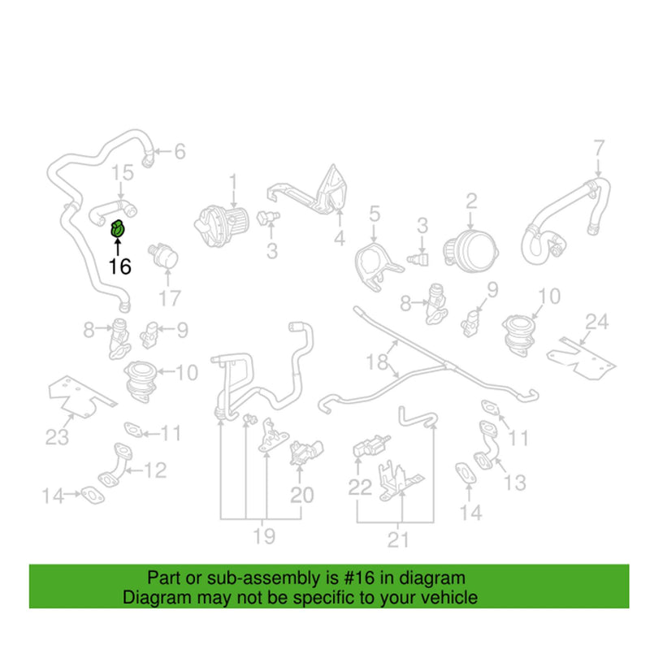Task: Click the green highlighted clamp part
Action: point(117,228)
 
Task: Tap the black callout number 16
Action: point(119,266)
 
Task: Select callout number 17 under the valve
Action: point(170,297)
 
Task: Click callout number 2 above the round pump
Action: point(471,201)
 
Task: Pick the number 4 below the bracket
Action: point(340,238)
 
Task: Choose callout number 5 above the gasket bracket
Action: point(375,214)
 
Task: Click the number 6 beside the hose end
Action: point(180,151)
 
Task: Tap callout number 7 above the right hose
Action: point(599,148)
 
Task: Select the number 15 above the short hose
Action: point(123,172)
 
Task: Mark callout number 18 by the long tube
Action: point(377,362)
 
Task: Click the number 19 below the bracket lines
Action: point(264,536)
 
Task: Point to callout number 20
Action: point(301,495)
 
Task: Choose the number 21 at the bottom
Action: point(398,539)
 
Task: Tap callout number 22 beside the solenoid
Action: point(360,487)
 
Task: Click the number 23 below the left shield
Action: point(57,437)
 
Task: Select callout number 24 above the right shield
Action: point(597,322)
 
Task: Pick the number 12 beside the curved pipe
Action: point(155,470)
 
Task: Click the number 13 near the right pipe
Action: point(515,483)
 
